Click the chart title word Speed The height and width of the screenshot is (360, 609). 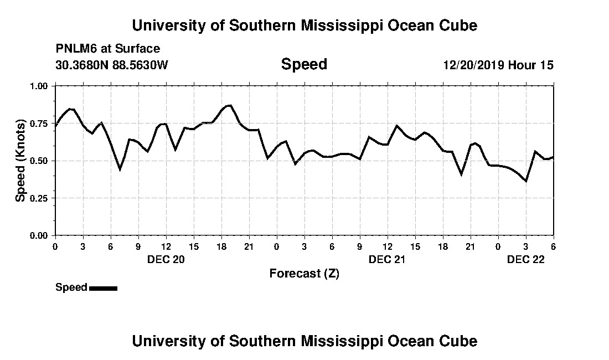coord(304,64)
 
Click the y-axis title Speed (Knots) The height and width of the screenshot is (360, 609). coord(20,160)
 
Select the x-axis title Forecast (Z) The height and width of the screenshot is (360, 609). coord(304,273)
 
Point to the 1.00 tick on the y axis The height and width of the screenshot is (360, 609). coord(39,86)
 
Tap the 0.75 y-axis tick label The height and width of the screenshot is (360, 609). coord(39,124)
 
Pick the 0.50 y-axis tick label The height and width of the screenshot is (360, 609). coord(39,161)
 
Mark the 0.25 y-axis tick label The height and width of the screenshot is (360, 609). coord(39,198)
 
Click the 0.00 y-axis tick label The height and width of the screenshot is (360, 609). coord(39,235)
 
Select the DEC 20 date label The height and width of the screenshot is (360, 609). coord(166,259)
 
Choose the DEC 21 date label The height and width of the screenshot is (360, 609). coord(388,259)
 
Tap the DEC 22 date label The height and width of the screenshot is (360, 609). coord(526,259)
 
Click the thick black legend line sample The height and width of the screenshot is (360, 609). coord(103,288)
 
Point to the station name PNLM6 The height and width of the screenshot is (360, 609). coord(75,49)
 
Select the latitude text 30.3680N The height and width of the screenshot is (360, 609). coord(80,65)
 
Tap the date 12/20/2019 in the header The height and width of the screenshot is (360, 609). coord(474,65)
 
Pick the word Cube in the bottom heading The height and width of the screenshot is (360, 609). coord(460,341)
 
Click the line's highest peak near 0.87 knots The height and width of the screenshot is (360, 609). coord(230,105)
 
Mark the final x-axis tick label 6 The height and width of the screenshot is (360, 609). coord(553,246)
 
